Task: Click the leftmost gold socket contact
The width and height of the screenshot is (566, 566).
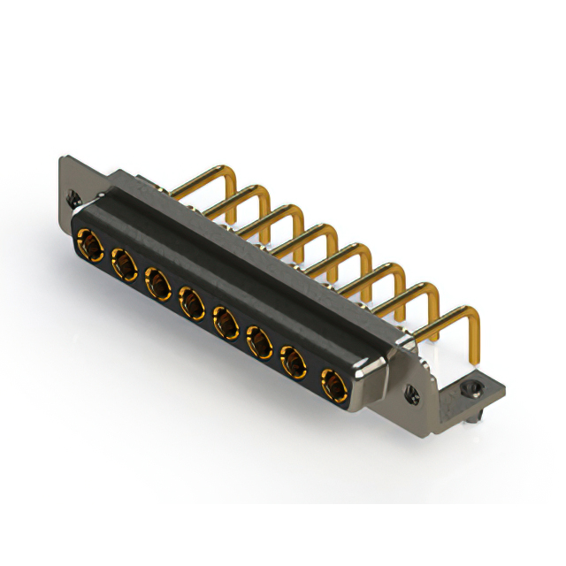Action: tap(88, 241)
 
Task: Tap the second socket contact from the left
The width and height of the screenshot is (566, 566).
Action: tap(122, 263)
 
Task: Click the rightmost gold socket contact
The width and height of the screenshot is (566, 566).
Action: tap(332, 386)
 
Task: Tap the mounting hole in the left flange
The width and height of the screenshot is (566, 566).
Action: tap(72, 200)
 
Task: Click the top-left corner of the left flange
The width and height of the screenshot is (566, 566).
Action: tap(63, 158)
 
